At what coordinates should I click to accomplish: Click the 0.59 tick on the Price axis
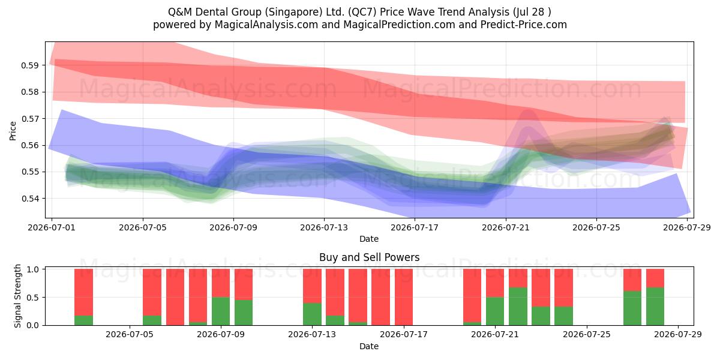coord(29,65)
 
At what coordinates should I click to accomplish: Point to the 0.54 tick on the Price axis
coord(29,199)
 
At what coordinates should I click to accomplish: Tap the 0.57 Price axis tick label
coord(29,119)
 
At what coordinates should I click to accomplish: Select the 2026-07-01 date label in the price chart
coord(52,227)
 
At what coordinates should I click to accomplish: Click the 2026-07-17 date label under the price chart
coord(415,227)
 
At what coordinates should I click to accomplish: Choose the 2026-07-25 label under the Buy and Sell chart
coord(587,334)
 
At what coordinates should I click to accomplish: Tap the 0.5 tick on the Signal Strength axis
coord(32,298)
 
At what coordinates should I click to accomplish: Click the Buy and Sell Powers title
coord(370,257)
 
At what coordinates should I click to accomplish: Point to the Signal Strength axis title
coord(17,296)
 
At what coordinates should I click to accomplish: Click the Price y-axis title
coord(13,131)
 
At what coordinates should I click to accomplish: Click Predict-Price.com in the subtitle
coord(524,25)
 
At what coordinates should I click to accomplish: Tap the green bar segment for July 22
coord(518,307)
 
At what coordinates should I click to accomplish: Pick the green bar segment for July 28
coord(655,307)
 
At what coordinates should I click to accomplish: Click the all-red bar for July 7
coord(175,297)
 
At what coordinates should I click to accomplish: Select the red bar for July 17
coord(404,297)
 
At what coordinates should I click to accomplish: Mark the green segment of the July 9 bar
coord(221,311)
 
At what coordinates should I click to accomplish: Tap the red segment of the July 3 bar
coord(83,292)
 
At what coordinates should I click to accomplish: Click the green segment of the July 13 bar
coord(312,314)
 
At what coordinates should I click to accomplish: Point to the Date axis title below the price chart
coord(369,239)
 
